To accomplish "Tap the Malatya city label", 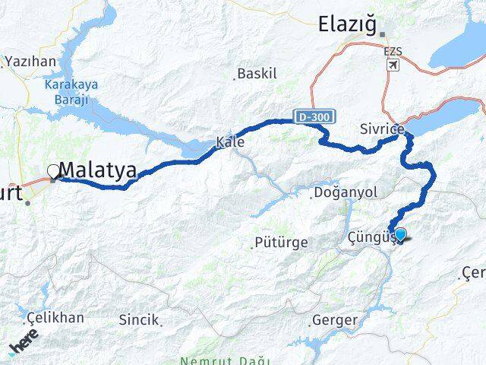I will point(99,170).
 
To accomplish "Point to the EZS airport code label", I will point(393,52).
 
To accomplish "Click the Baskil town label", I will point(257,75).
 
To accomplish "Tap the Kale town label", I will point(230,141).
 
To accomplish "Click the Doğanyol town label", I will point(345,193).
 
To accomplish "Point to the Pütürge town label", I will point(282,243).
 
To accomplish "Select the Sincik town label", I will point(139,320).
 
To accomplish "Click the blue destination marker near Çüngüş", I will point(399,234).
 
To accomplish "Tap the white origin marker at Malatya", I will point(53,171).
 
